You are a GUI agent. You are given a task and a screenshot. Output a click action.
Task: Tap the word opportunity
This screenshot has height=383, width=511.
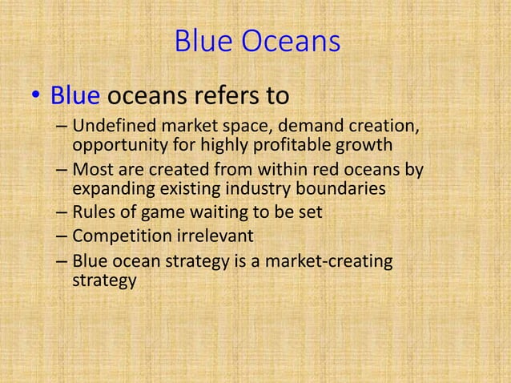coord(114,147)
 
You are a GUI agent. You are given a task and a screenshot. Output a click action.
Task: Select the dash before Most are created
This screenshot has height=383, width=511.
coord(62,171)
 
